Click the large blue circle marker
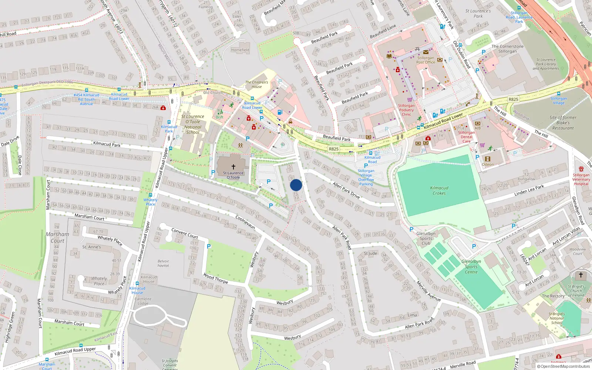pyautogui.click(x=296, y=185)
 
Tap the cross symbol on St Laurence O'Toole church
pyautogui.click(x=233, y=167)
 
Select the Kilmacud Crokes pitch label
pyautogui.click(x=439, y=191)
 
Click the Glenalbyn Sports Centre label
pyautogui.click(x=471, y=266)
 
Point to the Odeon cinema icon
pyautogui.click(x=488, y=159)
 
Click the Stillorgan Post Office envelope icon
pyautogui.click(x=425, y=52)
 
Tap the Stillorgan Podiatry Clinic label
pyautogui.click(x=406, y=110)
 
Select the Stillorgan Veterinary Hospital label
pyautogui.click(x=581, y=179)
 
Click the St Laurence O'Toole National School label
pyautogui.click(x=192, y=124)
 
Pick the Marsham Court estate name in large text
pyautogui.click(x=57, y=238)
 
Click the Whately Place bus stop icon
pyautogui.click(x=150, y=195)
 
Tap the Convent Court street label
pyautogui.click(x=185, y=233)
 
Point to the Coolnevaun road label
pyautogui.click(x=245, y=222)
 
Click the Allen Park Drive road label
pyautogui.click(x=346, y=190)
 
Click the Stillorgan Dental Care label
pyautogui.click(x=466, y=137)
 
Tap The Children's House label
pyautogui.click(x=256, y=84)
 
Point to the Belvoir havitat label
pyautogui.click(x=163, y=263)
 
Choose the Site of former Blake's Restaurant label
pyautogui.click(x=563, y=123)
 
